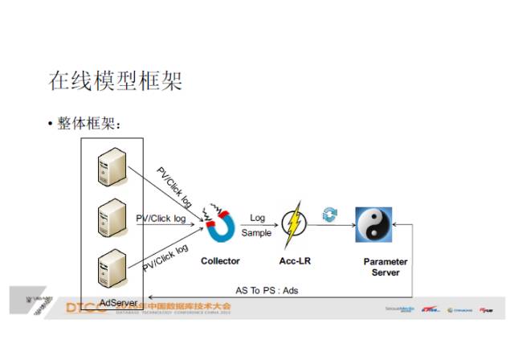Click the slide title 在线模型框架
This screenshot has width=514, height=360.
[116, 81]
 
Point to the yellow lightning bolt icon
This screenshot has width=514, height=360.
[295, 224]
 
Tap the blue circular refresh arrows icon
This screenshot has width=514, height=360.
[330, 214]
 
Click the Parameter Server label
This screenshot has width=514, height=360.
[385, 267]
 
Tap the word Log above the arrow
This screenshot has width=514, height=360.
[257, 218]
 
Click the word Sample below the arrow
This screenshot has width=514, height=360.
[257, 233]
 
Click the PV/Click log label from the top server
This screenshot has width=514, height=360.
[174, 185]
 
